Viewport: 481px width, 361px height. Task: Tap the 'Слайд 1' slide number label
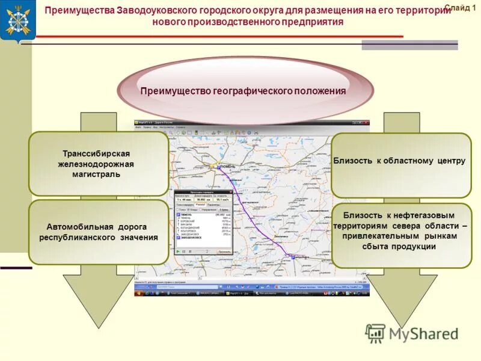(x=459, y=7)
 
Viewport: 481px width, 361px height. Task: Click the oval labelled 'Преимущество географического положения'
(x=243, y=91)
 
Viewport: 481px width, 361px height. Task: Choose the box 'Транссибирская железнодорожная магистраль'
(x=99, y=164)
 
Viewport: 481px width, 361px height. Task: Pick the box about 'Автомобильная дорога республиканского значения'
(x=99, y=232)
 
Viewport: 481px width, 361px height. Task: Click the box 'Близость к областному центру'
(x=400, y=161)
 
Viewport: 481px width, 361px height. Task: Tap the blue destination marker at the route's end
(x=293, y=257)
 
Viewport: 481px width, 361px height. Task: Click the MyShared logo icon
(x=375, y=333)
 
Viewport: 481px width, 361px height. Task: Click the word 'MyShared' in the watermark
(x=424, y=334)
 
